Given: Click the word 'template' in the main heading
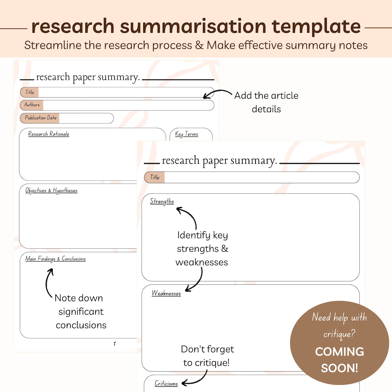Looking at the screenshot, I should [x=316, y=27].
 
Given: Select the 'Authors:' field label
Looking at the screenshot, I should [x=32, y=105].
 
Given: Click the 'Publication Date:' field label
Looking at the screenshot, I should [x=41, y=118].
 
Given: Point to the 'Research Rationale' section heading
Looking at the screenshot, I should [x=48, y=134].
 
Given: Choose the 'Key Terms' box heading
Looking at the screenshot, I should [x=186, y=134].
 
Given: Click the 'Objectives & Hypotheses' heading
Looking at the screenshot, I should [x=51, y=190].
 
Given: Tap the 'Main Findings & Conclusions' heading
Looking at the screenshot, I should [x=55, y=259].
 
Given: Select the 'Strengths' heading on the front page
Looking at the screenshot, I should [x=162, y=201].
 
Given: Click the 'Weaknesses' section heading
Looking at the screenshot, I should [x=166, y=293].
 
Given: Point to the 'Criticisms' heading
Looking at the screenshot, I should [x=166, y=383].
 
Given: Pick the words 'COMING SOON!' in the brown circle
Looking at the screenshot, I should [x=339, y=360].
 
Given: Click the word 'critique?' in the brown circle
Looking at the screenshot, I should [x=339, y=333].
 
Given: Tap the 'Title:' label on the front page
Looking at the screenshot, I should [x=155, y=177].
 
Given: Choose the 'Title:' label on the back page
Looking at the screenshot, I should [x=30, y=92].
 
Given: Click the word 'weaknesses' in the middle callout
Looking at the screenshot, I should [x=202, y=262].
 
